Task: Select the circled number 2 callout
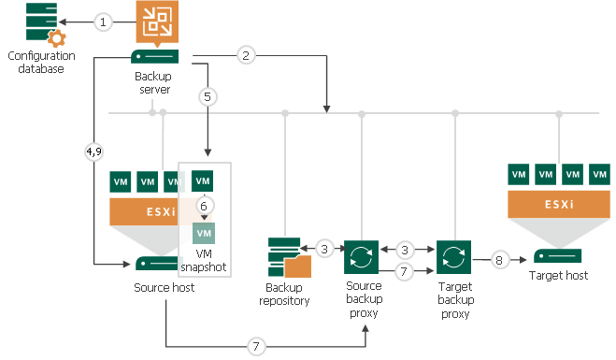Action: (245, 56)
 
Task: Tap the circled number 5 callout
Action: (208, 95)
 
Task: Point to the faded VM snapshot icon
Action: (204, 232)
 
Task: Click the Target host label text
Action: (559, 277)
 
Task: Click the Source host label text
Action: (165, 287)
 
